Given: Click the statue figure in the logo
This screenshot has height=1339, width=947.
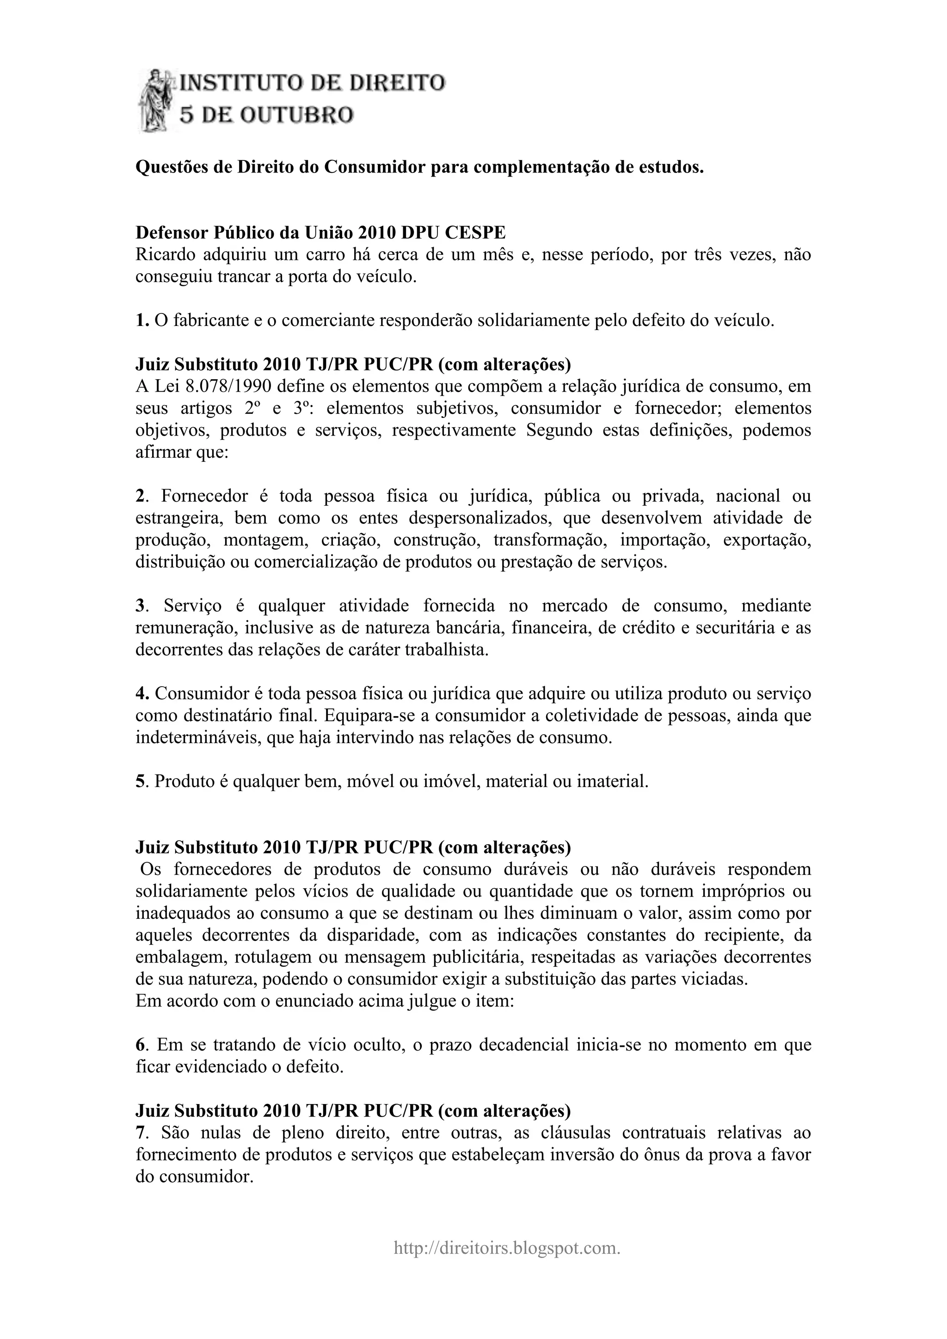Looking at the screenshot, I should pyautogui.click(x=156, y=100).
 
